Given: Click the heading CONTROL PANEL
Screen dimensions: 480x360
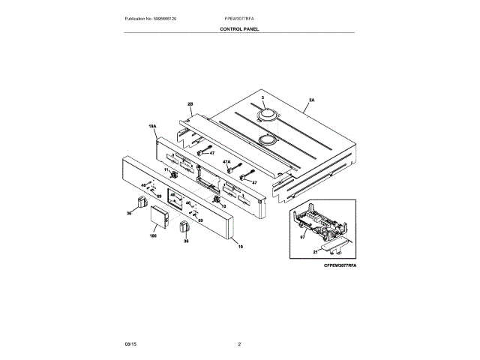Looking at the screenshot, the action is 239,28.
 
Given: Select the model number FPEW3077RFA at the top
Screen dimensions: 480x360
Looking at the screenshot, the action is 239,18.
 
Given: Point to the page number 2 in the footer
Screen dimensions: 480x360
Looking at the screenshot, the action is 239,343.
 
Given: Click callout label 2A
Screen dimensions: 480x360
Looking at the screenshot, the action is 310,99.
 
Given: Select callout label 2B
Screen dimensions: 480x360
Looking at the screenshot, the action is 190,104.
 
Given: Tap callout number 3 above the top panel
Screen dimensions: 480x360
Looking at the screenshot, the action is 263,99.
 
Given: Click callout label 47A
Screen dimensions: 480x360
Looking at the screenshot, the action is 226,161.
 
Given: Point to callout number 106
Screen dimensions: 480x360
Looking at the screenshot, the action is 153,236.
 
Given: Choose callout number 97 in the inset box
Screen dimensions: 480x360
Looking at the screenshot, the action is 303,236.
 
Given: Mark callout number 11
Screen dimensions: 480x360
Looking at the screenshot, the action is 166,169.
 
